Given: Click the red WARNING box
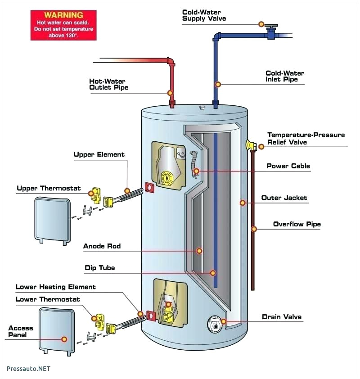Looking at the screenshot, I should point(63,25).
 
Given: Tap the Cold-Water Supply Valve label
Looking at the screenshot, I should point(204,15).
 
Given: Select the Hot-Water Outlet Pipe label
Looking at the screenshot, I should point(108,84).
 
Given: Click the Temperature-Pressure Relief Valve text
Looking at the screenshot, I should point(306,138).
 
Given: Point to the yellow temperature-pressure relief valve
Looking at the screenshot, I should point(250,145).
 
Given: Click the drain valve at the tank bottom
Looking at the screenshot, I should point(215,323).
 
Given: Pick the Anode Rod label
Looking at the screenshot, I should point(102,246).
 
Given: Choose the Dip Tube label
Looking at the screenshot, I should point(100,268).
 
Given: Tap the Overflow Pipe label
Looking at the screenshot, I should point(297,224).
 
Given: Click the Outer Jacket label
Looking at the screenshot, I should point(284,198).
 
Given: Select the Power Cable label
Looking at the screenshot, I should point(288,166).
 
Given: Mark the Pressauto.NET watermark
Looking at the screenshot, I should point(28,369).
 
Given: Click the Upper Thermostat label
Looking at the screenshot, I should point(49,188).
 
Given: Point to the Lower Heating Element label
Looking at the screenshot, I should point(56,287).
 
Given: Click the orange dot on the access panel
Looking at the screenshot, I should point(64,339).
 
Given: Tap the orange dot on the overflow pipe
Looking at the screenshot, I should point(254,229).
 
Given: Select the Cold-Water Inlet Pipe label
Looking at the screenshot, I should point(284,76).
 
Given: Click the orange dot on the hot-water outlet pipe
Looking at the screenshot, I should point(170,93).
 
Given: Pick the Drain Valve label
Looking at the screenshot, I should point(282,317).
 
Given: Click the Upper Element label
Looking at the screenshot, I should point(99,154).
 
